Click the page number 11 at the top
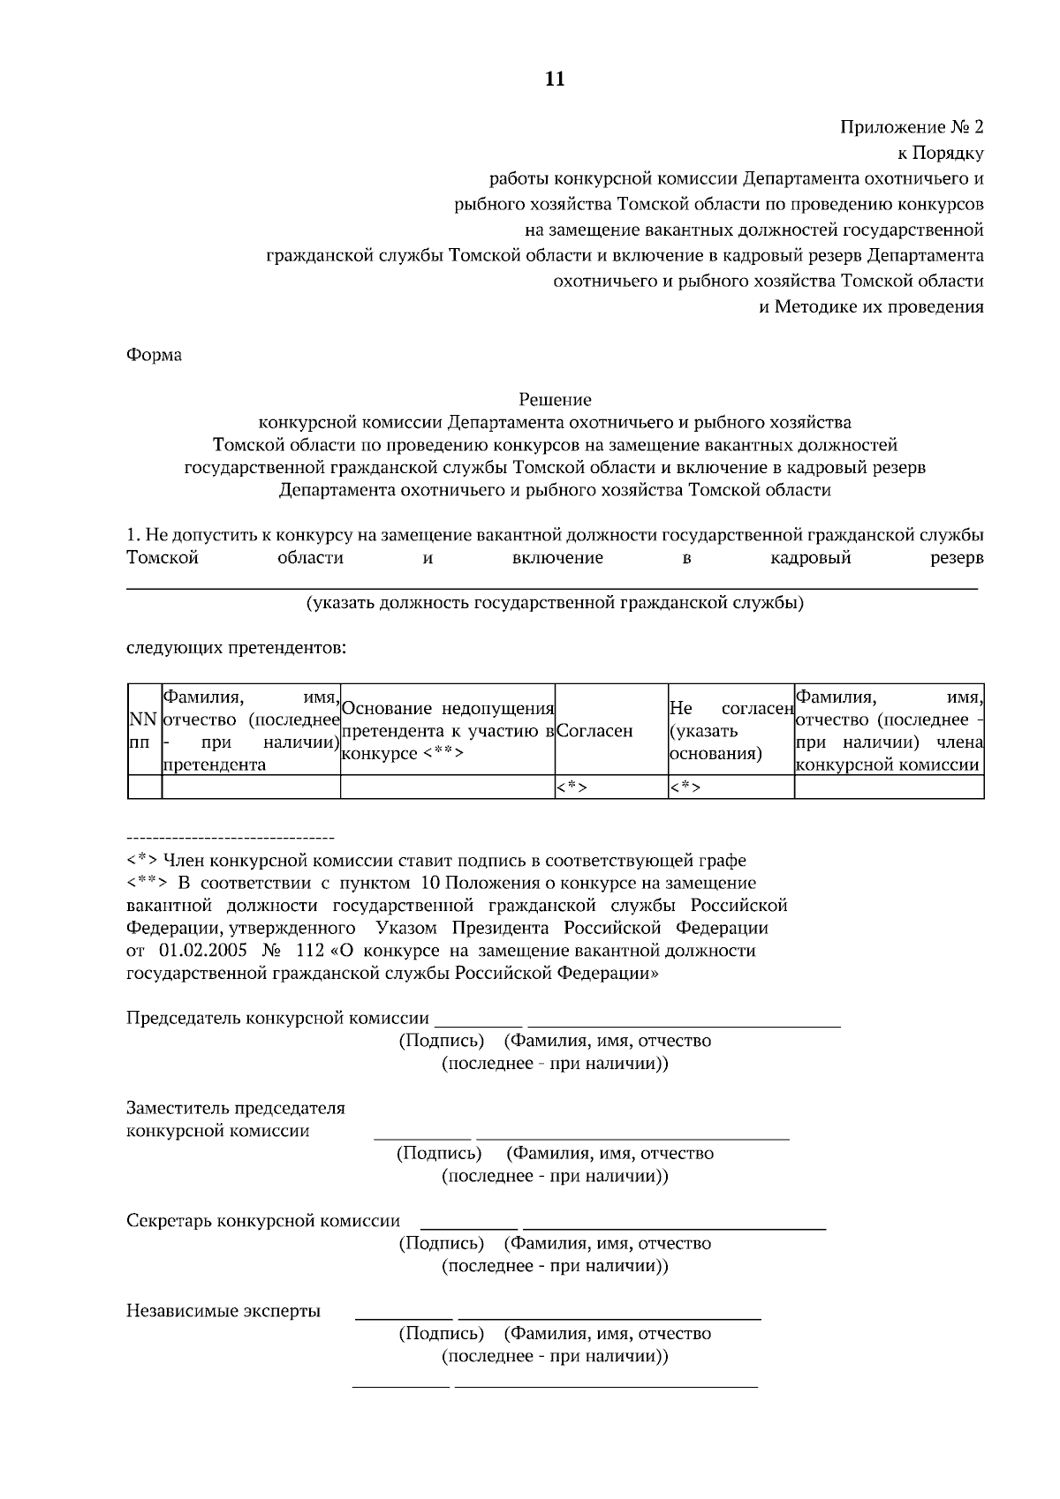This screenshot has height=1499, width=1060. pyautogui.click(x=555, y=79)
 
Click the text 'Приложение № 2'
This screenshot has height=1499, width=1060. pyautogui.click(x=912, y=126)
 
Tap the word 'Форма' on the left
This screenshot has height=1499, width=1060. pyautogui.click(x=155, y=355)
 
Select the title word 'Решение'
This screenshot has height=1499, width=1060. pyautogui.click(x=555, y=400)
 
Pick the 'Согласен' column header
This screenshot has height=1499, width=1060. pyautogui.click(x=596, y=731)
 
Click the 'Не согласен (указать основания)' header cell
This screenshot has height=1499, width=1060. pyautogui.click(x=731, y=731)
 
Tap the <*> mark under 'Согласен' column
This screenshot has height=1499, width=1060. pyautogui.click(x=572, y=787)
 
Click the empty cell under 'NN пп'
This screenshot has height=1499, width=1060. pyautogui.click(x=145, y=787)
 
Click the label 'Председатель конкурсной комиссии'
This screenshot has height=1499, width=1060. pyautogui.click(x=278, y=1018)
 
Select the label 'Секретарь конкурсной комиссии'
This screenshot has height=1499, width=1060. pyautogui.click(x=263, y=1221)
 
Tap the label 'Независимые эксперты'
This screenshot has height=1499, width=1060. pyautogui.click(x=223, y=1311)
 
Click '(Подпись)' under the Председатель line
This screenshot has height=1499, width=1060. pyautogui.click(x=442, y=1041)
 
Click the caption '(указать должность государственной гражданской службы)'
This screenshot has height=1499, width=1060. pyautogui.click(x=555, y=604)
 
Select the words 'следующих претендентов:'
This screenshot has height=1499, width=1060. pyautogui.click(x=237, y=650)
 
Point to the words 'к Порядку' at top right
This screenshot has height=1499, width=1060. pyautogui.click(x=941, y=153)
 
